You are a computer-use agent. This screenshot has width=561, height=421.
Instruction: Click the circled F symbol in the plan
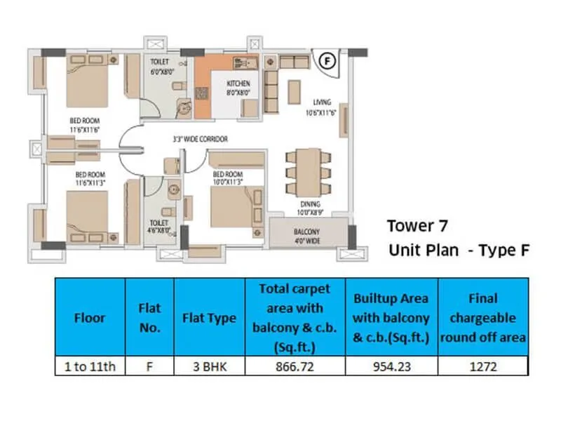click(326, 61)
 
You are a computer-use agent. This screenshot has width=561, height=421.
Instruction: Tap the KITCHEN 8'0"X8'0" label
click(238, 88)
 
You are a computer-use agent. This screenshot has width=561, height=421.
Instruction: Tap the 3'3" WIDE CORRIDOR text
click(200, 140)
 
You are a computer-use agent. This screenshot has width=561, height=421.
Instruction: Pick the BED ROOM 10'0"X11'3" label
click(227, 177)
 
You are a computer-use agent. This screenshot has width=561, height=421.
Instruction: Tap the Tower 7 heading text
click(417, 227)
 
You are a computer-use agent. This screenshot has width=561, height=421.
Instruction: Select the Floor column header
click(89, 318)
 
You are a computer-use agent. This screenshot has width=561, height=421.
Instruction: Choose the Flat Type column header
click(209, 318)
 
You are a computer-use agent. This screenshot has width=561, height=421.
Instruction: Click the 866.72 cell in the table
click(295, 366)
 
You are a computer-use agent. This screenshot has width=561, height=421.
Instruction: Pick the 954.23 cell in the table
click(392, 366)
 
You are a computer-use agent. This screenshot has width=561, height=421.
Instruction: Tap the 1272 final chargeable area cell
click(482, 366)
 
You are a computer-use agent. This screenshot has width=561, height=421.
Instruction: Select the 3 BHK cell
click(209, 366)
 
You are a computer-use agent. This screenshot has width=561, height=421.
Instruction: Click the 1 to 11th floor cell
click(89, 366)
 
